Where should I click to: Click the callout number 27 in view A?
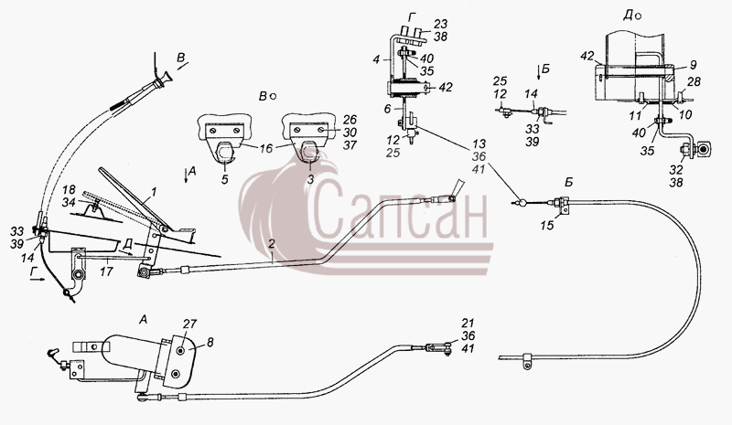coord(190,324)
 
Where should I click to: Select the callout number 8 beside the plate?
coord(210,343)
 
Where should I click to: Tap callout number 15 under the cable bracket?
coord(546,225)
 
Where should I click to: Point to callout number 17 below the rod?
coord(106,271)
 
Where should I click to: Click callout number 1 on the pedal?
coord(154,192)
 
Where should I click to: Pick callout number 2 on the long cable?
coord(272,244)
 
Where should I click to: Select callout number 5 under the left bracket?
coord(225,179)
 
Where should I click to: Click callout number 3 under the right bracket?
coord(311,179)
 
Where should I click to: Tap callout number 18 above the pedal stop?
coord(70,190)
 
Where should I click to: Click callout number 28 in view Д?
coord(694,81)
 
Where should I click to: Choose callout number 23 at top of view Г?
coord(440,25)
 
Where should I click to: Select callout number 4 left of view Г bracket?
coord(376,59)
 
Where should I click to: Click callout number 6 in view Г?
coord(388,108)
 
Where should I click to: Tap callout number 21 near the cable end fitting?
coord(468,323)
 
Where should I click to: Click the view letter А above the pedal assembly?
coord(144,320)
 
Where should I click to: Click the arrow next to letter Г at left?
coord(38,280)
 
